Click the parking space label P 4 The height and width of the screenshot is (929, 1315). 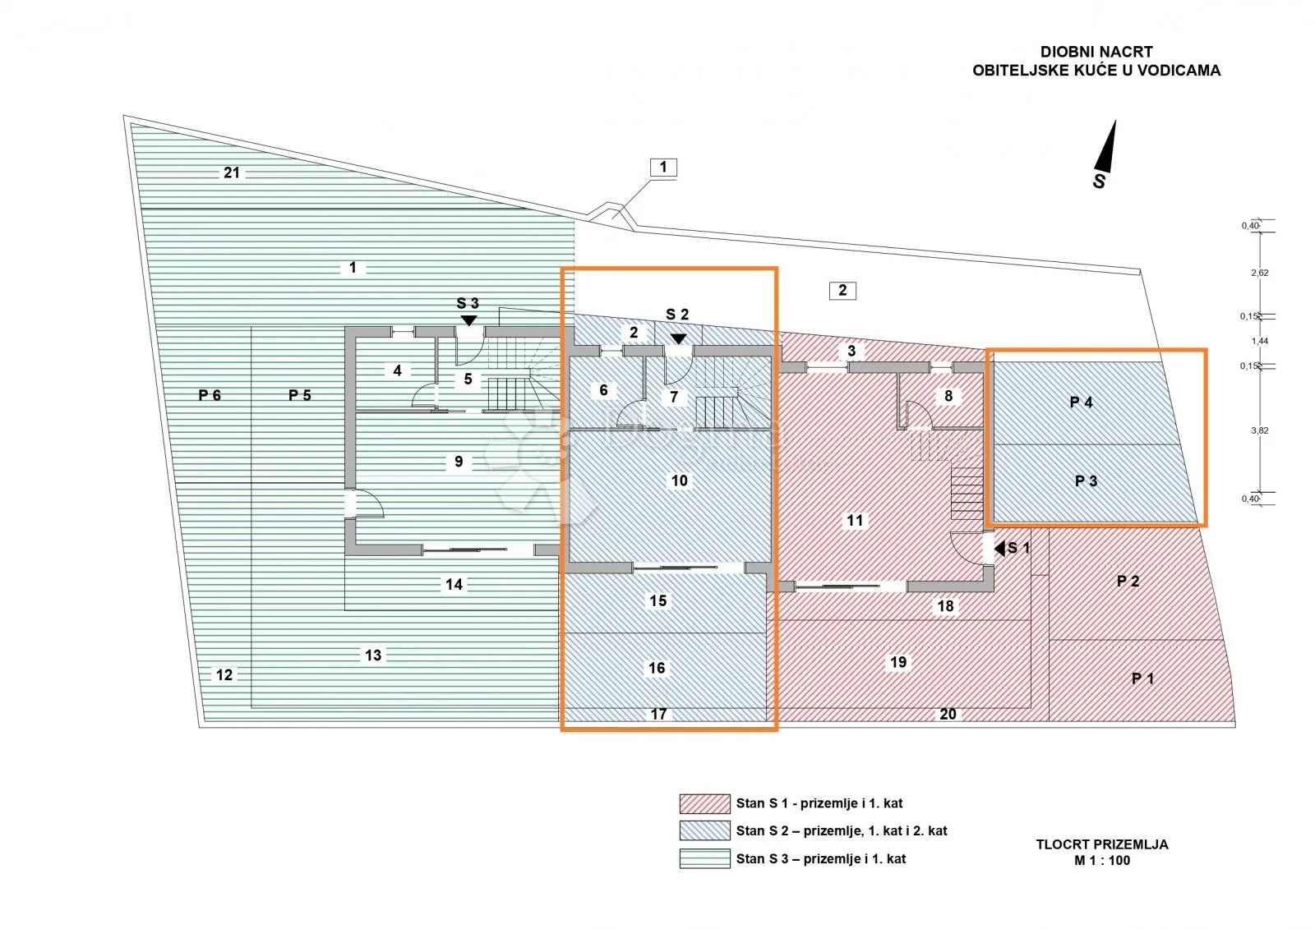(1081, 402)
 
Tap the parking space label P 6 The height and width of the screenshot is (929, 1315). (210, 395)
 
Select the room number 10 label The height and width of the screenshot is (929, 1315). (679, 481)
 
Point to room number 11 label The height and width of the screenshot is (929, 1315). (855, 520)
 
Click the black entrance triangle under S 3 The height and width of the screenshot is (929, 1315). (468, 320)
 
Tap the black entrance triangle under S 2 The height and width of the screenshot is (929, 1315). (679, 338)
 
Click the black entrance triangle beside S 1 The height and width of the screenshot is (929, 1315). (999, 548)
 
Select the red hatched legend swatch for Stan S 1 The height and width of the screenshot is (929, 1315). (704, 803)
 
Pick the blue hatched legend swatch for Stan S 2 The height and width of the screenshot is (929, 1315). (704, 830)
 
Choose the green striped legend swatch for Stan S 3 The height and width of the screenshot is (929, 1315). (704, 858)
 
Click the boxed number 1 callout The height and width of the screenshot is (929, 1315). (663, 168)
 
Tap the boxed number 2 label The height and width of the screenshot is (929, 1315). (842, 290)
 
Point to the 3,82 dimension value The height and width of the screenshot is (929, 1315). (1260, 430)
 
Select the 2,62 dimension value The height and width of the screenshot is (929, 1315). (1260, 273)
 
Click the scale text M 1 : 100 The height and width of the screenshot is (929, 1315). (1102, 860)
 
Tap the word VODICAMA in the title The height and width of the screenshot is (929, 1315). (1179, 71)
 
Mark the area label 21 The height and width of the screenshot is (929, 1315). (231, 172)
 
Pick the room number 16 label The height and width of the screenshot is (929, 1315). (657, 668)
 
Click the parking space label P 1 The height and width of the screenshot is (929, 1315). (1142, 678)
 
